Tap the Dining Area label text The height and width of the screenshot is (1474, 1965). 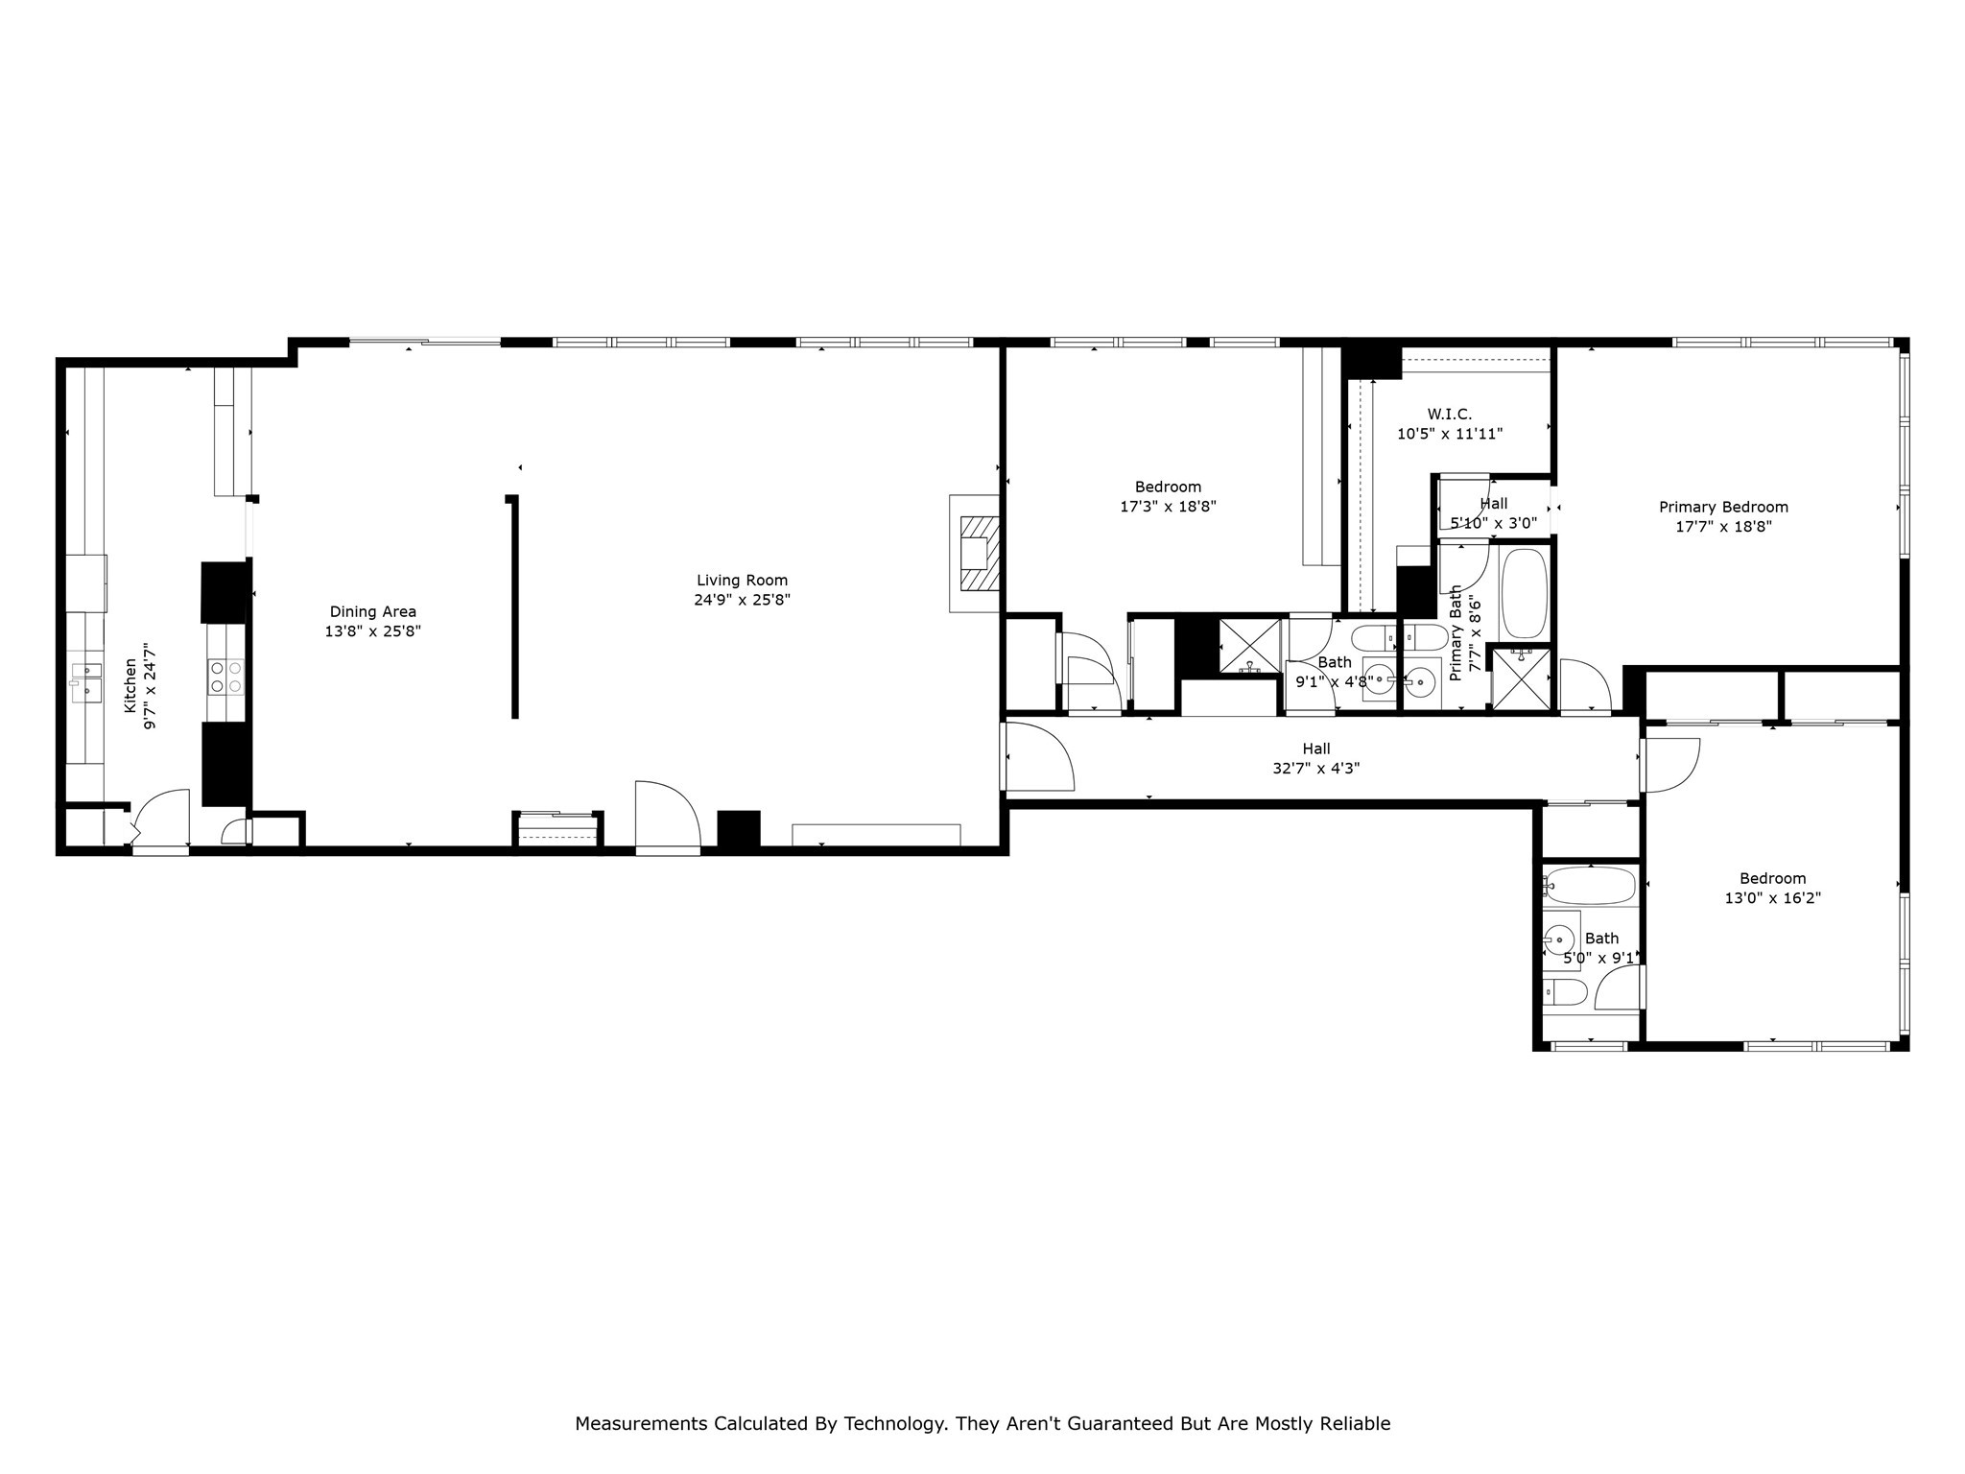(x=372, y=612)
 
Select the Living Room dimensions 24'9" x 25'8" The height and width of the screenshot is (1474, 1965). (x=742, y=600)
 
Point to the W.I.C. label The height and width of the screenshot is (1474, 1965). (x=1449, y=415)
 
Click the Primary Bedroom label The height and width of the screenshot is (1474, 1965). (x=1723, y=508)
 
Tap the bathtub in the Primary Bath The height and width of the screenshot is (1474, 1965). (x=1524, y=593)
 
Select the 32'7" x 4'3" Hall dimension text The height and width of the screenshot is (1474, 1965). (x=1315, y=768)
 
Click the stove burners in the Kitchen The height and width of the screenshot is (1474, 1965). (x=226, y=676)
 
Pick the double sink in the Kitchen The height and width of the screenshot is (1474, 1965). (x=86, y=679)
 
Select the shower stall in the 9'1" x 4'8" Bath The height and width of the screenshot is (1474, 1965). (x=1249, y=646)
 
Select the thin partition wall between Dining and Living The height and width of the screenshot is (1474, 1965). (x=515, y=606)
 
